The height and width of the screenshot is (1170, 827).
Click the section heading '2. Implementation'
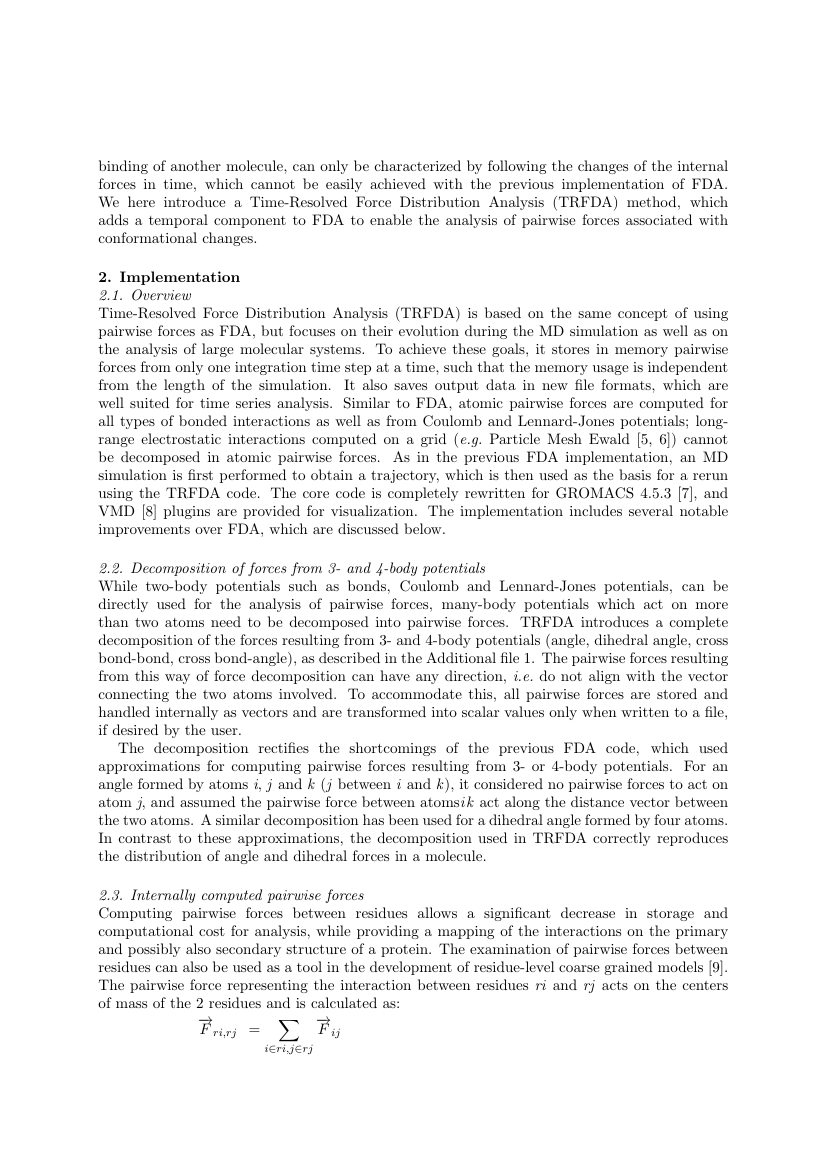(x=168, y=277)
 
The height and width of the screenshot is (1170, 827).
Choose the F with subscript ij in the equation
(x=328, y=1027)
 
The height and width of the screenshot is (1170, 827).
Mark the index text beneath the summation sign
(x=288, y=1049)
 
